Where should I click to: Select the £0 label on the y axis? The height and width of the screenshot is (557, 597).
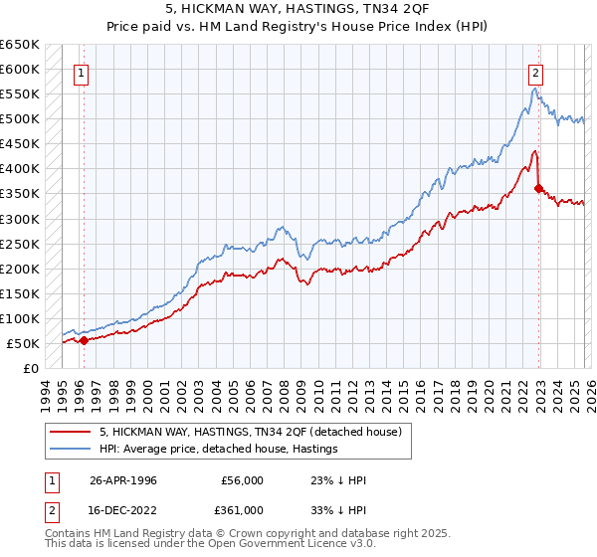[x=29, y=368]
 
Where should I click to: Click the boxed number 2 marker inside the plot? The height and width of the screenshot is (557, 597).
[x=536, y=72]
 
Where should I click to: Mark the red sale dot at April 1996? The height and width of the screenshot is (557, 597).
[x=84, y=340]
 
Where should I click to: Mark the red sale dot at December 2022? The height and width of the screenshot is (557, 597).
[x=538, y=188]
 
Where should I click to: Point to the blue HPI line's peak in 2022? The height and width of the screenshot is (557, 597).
[x=534, y=89]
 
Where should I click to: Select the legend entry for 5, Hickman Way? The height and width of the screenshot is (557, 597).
[x=250, y=432]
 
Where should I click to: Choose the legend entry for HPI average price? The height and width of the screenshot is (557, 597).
[x=218, y=450]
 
